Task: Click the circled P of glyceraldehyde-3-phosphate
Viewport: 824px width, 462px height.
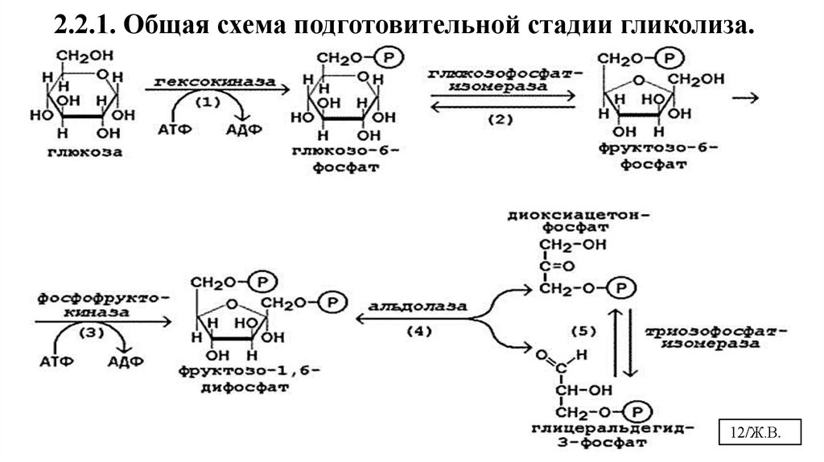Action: click(636, 411)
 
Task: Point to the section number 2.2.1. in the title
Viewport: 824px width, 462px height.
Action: click(85, 26)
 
